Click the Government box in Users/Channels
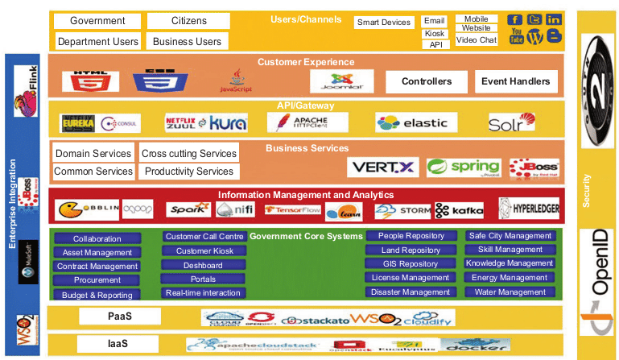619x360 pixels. tap(97, 20)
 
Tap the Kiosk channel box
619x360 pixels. tap(435, 34)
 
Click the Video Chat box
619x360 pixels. tap(477, 39)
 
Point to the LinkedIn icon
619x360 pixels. tap(554, 19)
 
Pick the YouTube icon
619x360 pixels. tap(516, 37)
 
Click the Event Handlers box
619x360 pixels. tap(515, 81)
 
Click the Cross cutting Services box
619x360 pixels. tap(189, 153)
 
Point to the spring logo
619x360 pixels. tap(464, 168)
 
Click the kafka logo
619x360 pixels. tap(460, 211)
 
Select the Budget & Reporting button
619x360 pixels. tap(97, 296)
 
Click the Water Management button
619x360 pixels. tap(510, 292)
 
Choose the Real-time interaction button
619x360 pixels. tap(204, 293)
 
